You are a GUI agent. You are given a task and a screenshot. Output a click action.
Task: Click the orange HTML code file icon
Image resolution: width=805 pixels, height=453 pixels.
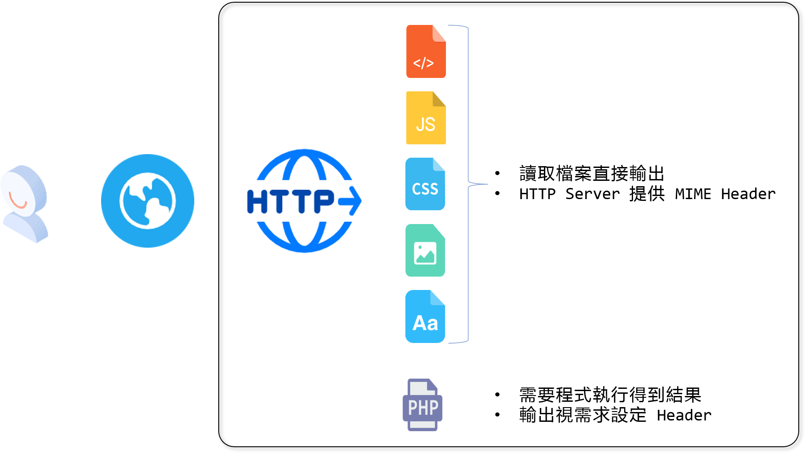pyautogui.click(x=426, y=51)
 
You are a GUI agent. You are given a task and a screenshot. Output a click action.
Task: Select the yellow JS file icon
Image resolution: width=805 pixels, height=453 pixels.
pyautogui.click(x=426, y=118)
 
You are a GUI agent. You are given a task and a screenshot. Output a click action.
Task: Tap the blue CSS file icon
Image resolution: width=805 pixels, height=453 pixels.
pyautogui.click(x=425, y=184)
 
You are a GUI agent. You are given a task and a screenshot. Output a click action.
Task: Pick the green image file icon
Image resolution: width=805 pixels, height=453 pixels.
pyautogui.click(x=425, y=250)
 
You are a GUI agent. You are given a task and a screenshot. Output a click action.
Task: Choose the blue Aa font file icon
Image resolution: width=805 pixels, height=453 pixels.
pyautogui.click(x=425, y=316)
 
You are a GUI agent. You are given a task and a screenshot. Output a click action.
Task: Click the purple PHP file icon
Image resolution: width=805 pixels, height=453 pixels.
pyautogui.click(x=422, y=404)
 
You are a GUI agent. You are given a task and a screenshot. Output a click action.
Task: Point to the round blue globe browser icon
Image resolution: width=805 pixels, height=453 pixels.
pyautogui.click(x=147, y=200)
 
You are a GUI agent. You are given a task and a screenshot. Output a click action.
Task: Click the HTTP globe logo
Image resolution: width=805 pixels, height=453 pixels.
pyautogui.click(x=304, y=201)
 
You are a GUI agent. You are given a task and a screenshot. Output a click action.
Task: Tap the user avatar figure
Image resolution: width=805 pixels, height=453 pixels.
pyautogui.click(x=25, y=204)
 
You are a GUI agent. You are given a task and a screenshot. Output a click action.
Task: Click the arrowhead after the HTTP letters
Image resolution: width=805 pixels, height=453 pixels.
pyautogui.click(x=352, y=201)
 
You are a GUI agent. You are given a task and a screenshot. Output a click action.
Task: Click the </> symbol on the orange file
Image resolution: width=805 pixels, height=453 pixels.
pyautogui.click(x=423, y=63)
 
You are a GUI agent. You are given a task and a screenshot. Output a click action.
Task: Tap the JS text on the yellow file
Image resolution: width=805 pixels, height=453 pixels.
pyautogui.click(x=425, y=124)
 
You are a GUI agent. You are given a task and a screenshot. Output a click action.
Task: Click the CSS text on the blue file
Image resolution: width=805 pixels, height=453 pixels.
pyautogui.click(x=425, y=189)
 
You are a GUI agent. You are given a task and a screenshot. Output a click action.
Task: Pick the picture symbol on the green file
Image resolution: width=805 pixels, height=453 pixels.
pyautogui.click(x=425, y=253)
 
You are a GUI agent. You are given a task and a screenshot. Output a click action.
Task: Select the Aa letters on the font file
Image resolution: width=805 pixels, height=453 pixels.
pyautogui.click(x=425, y=323)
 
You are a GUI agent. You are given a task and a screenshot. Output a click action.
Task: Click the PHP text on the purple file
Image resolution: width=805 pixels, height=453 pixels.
pyautogui.click(x=423, y=407)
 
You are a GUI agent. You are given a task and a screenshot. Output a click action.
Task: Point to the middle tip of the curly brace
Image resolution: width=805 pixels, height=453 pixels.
pyautogui.click(x=487, y=184)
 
